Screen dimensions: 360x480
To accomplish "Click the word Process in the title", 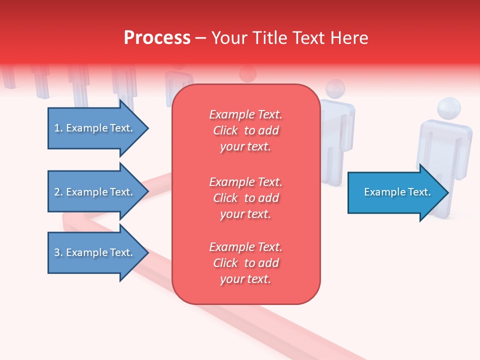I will click(157, 38).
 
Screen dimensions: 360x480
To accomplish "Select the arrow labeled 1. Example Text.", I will click(95, 128).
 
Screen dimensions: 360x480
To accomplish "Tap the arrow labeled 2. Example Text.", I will click(95, 192).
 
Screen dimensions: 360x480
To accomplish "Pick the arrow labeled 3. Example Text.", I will click(95, 252).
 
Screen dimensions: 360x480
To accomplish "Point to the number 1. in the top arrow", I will click(58, 128).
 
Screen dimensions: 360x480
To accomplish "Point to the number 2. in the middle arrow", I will click(58, 192).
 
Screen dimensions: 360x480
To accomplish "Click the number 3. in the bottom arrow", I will click(58, 252).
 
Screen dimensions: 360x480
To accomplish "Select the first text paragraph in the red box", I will click(245, 130).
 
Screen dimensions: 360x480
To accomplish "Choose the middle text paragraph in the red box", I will click(245, 198).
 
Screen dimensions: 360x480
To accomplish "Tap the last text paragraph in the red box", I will click(245, 263).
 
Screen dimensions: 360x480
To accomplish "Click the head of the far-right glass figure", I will click(448, 108).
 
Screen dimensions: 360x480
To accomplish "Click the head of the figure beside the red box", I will click(335, 89).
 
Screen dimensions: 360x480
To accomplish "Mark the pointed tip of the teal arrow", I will click(447, 192).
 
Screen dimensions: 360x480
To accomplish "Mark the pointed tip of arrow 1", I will click(147, 128).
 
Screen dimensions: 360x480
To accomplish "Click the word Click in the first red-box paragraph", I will click(225, 130).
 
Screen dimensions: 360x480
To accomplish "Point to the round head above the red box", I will click(247, 74).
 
